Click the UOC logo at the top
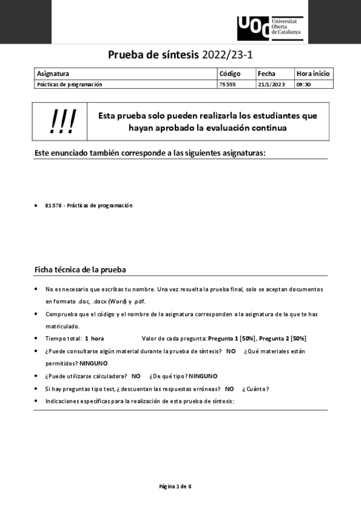[269, 27]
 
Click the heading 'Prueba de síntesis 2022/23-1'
[180, 56]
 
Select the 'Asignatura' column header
[53, 74]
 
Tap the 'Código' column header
[230, 74]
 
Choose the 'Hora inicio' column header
[313, 74]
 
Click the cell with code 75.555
[228, 85]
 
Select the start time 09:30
[303, 85]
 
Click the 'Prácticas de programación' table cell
[70, 85]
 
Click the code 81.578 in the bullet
[53, 205]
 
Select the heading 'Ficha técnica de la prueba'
[80, 269]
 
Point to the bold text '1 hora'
[95, 338]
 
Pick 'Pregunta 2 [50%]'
[283, 338]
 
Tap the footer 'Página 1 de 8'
[175, 486]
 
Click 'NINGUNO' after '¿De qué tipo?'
[203, 376]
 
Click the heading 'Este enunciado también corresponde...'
[150, 153]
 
